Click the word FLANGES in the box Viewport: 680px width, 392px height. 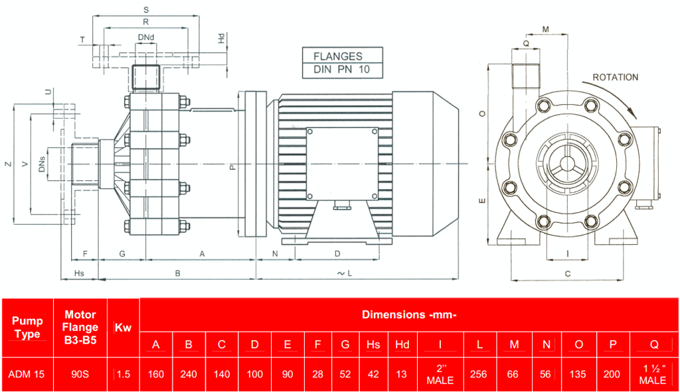[x=337, y=56]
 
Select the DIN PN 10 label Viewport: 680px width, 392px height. [x=337, y=70]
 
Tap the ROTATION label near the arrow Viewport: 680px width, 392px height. [x=615, y=77]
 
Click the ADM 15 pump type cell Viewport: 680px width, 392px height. [x=27, y=374]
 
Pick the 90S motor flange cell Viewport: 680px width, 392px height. [x=80, y=374]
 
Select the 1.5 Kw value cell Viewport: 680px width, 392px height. [x=123, y=374]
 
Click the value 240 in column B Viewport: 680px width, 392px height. [x=189, y=374]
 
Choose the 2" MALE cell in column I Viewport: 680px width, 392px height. [x=440, y=374]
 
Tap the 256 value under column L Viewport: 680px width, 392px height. [x=478, y=374]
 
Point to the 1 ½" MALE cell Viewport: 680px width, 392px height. [x=652, y=374]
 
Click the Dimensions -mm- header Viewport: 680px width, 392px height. [x=408, y=314]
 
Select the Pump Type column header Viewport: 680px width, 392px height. [x=27, y=328]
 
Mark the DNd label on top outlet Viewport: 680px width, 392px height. [x=146, y=36]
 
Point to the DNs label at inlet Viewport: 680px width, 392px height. [x=42, y=164]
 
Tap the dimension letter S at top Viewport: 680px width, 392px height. [x=146, y=10]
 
